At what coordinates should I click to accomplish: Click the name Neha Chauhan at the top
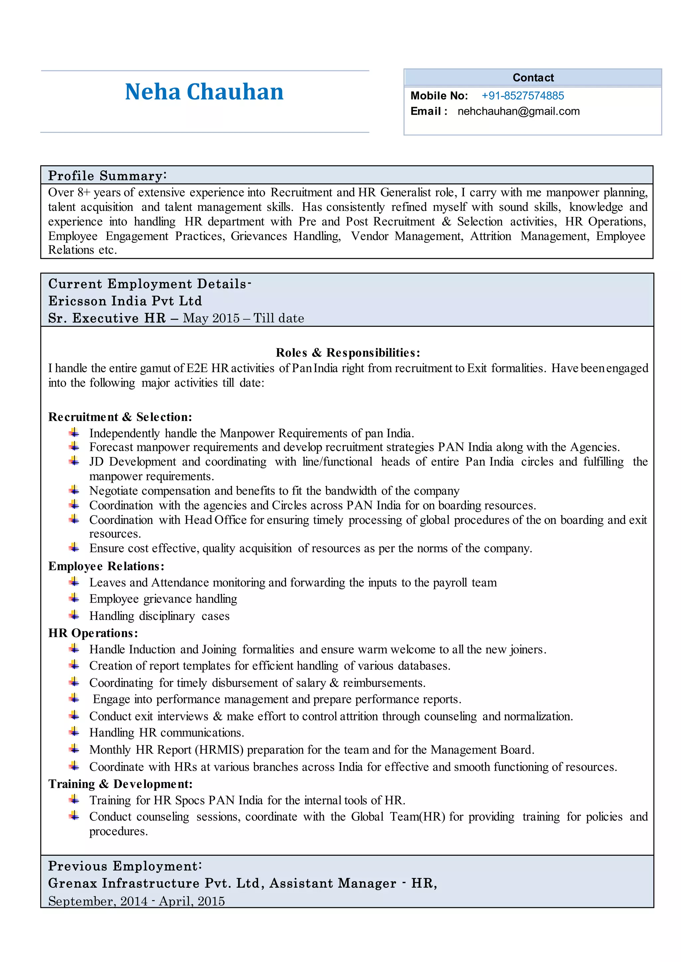[x=204, y=92]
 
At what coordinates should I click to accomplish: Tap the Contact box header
[x=533, y=77]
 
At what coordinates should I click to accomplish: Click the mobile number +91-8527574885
[x=522, y=96]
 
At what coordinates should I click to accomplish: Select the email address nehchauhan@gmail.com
[x=518, y=112]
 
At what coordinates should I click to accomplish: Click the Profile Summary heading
[x=107, y=175]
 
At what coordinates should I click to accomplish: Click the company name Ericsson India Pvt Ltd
[x=125, y=301]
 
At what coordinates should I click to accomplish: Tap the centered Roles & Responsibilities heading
[x=347, y=352]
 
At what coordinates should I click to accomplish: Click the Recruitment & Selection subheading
[x=120, y=417]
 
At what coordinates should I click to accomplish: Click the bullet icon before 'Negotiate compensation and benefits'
[x=74, y=490]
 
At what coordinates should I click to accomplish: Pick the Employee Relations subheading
[x=106, y=566]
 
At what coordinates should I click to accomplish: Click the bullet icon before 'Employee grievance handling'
[x=74, y=598]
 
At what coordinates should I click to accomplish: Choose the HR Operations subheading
[x=93, y=633]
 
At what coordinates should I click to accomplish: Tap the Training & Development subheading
[x=120, y=784]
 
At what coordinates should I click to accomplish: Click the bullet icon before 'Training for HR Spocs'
[x=74, y=800]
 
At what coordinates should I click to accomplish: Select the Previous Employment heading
[x=125, y=866]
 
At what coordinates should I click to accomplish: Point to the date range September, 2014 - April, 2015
[x=136, y=901]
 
